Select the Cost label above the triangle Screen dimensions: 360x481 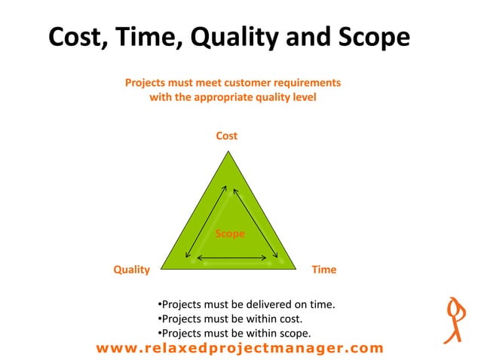tap(226, 136)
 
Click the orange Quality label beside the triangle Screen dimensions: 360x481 tap(131, 269)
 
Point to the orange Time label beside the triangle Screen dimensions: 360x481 tap(324, 269)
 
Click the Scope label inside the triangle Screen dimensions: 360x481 tap(230, 233)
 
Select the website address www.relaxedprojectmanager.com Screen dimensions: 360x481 tap(240, 348)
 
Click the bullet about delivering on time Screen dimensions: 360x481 tap(246, 305)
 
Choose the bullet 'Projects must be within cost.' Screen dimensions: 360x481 tap(230, 319)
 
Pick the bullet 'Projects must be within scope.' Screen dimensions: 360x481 tap(234, 332)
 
